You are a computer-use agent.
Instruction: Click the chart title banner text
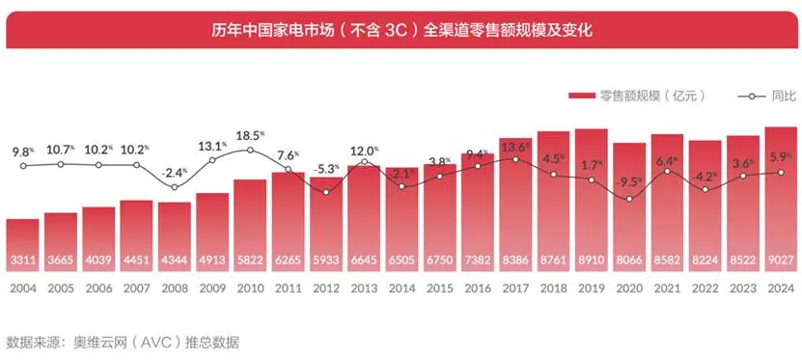point(401,29)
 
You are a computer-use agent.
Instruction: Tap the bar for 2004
point(22,246)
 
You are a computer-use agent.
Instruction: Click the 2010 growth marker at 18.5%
point(250,150)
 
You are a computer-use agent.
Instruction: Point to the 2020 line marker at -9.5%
point(629,199)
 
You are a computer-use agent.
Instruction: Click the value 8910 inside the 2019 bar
point(591,261)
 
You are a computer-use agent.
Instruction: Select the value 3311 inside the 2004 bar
point(22,261)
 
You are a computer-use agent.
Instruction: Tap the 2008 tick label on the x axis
point(174,289)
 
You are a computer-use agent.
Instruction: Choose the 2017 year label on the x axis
point(514,289)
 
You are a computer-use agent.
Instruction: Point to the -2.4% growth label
point(174,173)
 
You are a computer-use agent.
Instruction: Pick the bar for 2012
point(325,232)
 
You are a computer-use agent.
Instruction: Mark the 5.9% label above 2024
point(780,156)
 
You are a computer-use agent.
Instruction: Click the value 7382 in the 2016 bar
point(477,261)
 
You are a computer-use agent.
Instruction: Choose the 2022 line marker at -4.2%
point(705,189)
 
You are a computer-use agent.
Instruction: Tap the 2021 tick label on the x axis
point(667,289)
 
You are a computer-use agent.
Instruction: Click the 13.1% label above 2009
point(212,146)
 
